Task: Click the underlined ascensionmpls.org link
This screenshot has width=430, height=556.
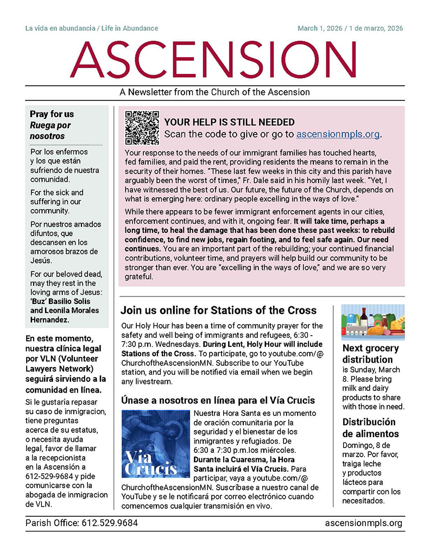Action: click(x=338, y=134)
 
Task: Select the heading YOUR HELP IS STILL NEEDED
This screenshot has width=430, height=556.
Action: click(x=229, y=122)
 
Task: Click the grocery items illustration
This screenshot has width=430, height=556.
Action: click(x=372, y=322)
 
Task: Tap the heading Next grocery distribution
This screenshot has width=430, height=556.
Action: click(x=370, y=353)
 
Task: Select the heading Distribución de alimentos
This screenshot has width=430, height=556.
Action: click(x=370, y=428)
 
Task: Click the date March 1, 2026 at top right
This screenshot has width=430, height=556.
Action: click(x=319, y=28)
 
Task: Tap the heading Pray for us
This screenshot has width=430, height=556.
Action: click(x=52, y=114)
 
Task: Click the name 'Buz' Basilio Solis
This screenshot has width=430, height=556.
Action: click(x=60, y=301)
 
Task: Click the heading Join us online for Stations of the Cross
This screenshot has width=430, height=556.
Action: click(x=218, y=311)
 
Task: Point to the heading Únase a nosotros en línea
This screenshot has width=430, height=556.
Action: click(x=217, y=401)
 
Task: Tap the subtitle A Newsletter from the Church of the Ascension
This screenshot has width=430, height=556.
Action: click(x=214, y=92)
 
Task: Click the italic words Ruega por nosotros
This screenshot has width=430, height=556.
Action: click(x=50, y=130)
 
